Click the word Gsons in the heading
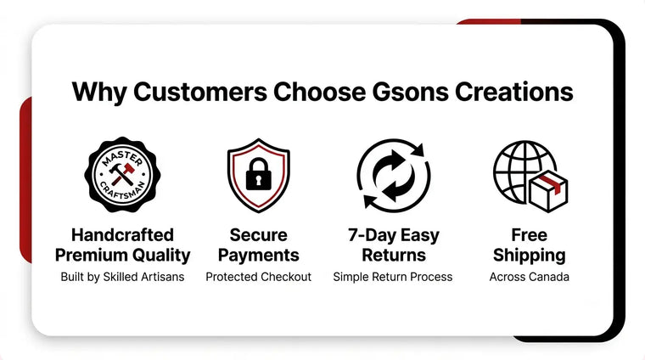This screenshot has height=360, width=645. click(x=410, y=92)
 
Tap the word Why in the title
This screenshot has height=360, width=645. click(x=99, y=93)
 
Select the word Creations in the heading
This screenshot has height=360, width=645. click(x=513, y=92)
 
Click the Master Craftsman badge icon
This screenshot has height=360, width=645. click(x=122, y=174)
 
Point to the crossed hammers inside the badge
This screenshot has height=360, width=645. click(x=122, y=174)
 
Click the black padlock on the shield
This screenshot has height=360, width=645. click(x=258, y=174)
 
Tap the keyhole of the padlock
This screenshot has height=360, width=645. click(x=258, y=180)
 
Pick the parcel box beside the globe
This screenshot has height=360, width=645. click(x=548, y=190)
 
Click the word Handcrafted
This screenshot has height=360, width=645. click(x=122, y=235)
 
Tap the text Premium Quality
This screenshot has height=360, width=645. click(x=122, y=255)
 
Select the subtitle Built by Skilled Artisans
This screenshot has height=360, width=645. click(x=122, y=277)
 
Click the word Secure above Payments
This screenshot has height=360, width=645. click(x=258, y=235)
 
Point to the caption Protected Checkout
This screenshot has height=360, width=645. click(x=258, y=277)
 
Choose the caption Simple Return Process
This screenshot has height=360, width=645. click(x=393, y=277)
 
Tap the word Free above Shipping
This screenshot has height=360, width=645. click(x=530, y=235)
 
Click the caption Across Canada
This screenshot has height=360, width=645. click(x=530, y=277)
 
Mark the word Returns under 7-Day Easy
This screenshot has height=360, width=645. click(x=394, y=255)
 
